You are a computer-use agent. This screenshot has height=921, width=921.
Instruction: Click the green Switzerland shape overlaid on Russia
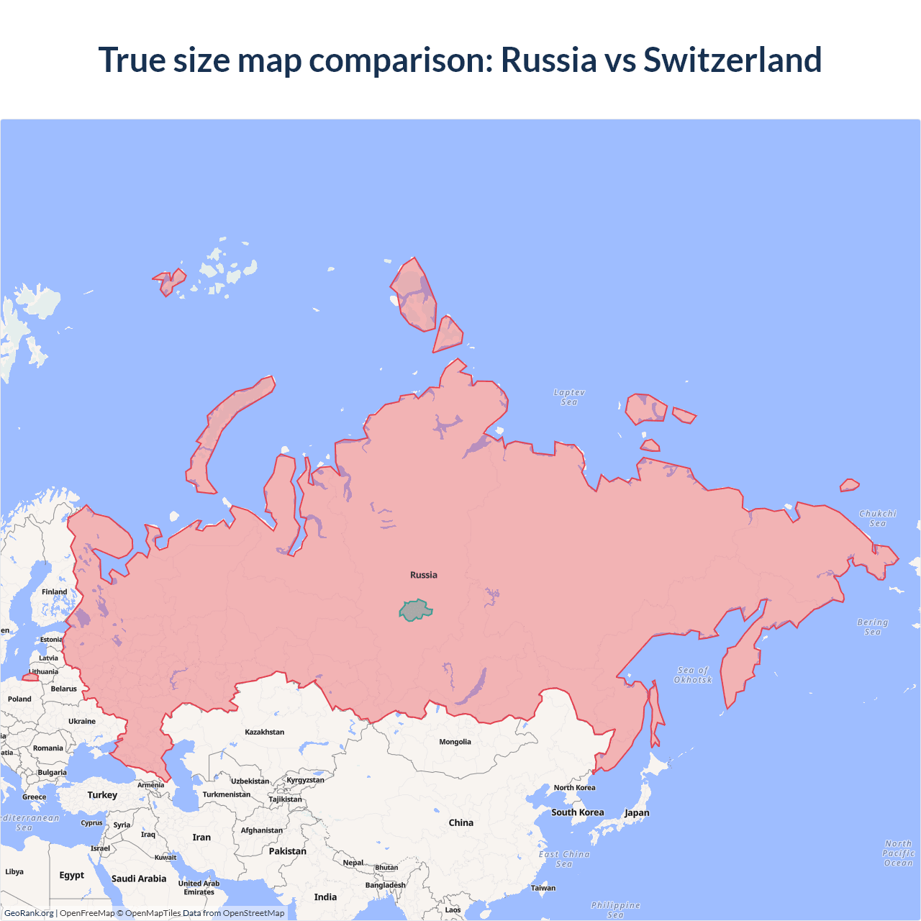pos(415,610)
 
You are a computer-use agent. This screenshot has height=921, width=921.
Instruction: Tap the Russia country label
pos(424,575)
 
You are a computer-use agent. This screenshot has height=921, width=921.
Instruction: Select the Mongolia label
pos(455,742)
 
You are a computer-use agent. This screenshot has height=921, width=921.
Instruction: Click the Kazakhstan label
pos(264,732)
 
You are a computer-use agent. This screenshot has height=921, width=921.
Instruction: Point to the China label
pos(460,822)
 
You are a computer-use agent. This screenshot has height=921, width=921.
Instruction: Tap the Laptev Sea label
pos(569,397)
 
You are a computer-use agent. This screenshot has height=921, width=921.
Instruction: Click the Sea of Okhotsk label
pos(693,675)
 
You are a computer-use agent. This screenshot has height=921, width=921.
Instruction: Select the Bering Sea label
pos(872,627)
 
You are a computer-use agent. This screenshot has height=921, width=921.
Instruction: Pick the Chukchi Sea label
pos(878,518)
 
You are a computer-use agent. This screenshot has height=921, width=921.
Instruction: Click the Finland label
pos(54,592)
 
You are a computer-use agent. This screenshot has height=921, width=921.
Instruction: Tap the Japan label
pos(637,813)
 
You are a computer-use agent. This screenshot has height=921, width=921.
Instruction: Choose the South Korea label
pos(578,812)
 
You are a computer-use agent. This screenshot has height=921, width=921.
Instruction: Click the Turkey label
pos(102,795)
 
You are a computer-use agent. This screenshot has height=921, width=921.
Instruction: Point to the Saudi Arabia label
pos(139,879)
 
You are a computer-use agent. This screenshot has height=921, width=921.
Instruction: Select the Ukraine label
pos(82,721)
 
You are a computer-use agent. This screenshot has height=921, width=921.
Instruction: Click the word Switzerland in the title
pos(732,60)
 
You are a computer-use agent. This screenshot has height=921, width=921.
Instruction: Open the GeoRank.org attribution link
pos(29,913)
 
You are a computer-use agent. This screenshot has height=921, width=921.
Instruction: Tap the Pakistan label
pos(288,851)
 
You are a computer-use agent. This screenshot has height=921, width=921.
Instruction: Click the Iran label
pos(201,838)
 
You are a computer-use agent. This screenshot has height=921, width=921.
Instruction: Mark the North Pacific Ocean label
pos(899,853)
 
